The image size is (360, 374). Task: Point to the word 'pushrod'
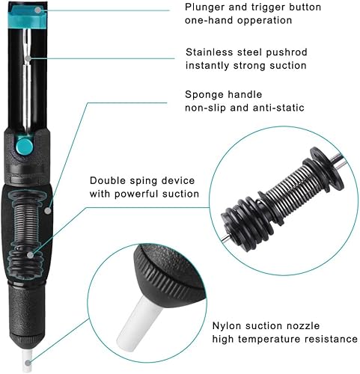[x=287, y=52]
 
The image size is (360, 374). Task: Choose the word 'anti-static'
[x=278, y=108]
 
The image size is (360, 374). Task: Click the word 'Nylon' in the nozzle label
[x=227, y=326]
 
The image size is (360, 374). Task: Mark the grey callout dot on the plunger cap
[x=38, y=10]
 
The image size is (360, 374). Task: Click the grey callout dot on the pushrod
[x=28, y=58]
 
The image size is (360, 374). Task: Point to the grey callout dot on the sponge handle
[x=48, y=211]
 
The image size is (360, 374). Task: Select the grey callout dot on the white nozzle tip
[x=28, y=363]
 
